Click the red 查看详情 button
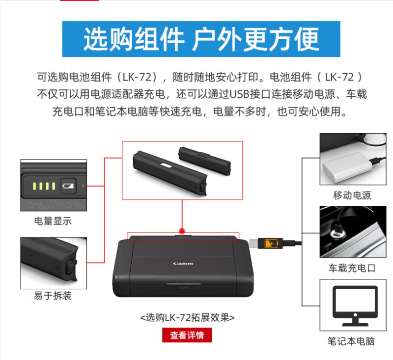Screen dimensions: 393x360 187,335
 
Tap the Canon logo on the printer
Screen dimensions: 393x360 183,264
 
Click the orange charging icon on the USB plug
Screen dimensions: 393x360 271,243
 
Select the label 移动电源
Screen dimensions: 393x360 352,195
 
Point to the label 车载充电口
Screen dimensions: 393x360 352,268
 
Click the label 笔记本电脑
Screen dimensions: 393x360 351,341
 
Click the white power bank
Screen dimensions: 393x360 346,167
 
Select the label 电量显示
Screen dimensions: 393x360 53,221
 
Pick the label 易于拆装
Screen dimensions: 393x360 53,296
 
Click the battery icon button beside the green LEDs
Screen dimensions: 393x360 68,186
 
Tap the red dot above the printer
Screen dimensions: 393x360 182,231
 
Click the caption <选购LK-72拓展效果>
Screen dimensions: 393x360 187,318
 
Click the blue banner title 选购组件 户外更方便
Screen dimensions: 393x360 201,39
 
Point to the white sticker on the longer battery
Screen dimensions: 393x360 166,166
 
